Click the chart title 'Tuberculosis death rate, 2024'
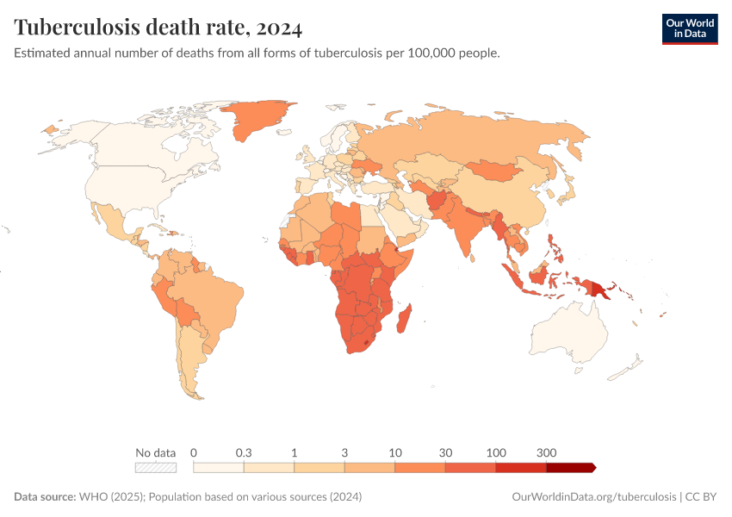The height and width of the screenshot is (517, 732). tap(158, 28)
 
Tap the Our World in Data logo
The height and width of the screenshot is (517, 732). tap(689, 28)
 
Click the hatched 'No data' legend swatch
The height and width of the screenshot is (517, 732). tap(156, 468)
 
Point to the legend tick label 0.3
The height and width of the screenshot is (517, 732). tap(244, 452)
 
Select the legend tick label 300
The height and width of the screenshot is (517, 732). tap(546, 452)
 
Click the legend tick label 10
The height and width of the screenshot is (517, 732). tap(395, 452)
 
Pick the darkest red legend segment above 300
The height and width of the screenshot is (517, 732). tap(569, 468)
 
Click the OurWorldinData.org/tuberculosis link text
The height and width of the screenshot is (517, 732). tap(592, 497)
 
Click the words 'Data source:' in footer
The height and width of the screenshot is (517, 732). tap(45, 497)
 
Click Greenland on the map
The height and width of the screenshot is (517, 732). tap(258, 121)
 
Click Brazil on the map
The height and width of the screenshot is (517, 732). tap(215, 297)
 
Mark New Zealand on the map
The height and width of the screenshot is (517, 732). tap(629, 366)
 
